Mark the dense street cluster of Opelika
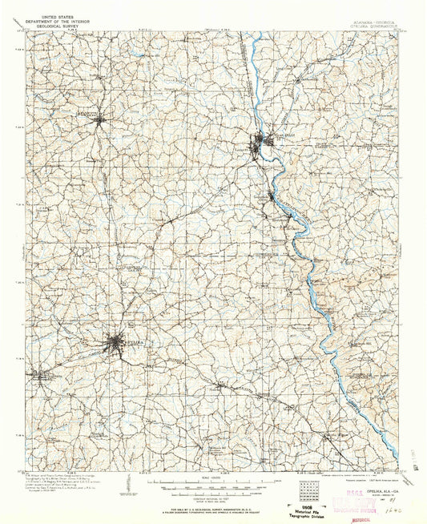pos(117,345)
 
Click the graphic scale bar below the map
pos(213,485)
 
